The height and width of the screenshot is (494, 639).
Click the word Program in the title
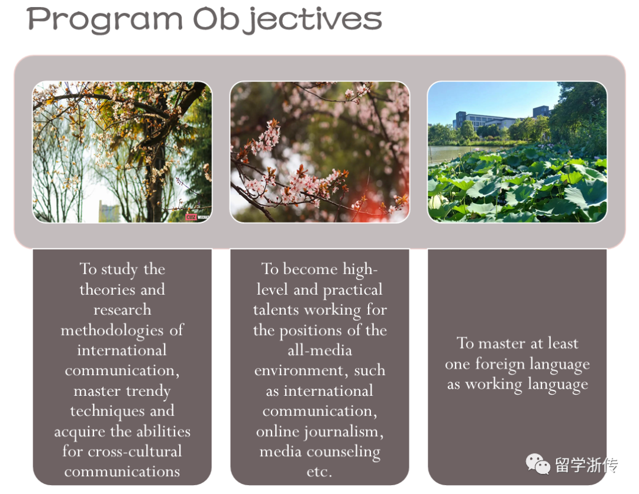coord(105,20)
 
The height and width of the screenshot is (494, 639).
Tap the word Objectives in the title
coord(288,20)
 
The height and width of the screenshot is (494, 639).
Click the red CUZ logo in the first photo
coord(191,217)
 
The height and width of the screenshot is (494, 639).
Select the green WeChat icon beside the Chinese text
coord(538,464)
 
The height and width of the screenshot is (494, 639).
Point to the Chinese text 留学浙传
coord(586,464)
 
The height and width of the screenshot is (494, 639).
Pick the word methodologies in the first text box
coord(112,330)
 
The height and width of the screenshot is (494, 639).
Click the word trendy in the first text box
coord(149,391)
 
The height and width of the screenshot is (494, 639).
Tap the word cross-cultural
coord(134,451)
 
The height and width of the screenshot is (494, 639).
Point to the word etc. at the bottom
coord(319,472)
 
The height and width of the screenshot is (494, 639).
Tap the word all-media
coord(319,350)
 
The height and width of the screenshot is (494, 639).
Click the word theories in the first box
coord(102,289)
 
